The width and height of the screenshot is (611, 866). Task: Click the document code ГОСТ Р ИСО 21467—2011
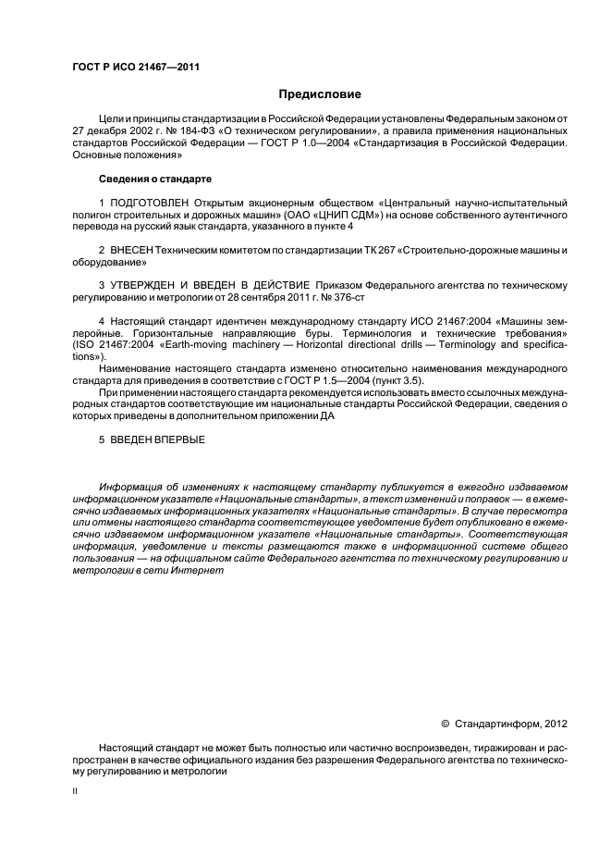tap(136, 68)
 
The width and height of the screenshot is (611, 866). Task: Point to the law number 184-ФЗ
tap(209, 132)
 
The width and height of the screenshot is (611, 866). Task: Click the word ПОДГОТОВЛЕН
tap(152, 202)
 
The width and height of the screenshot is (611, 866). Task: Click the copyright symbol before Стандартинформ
tap(446, 723)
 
